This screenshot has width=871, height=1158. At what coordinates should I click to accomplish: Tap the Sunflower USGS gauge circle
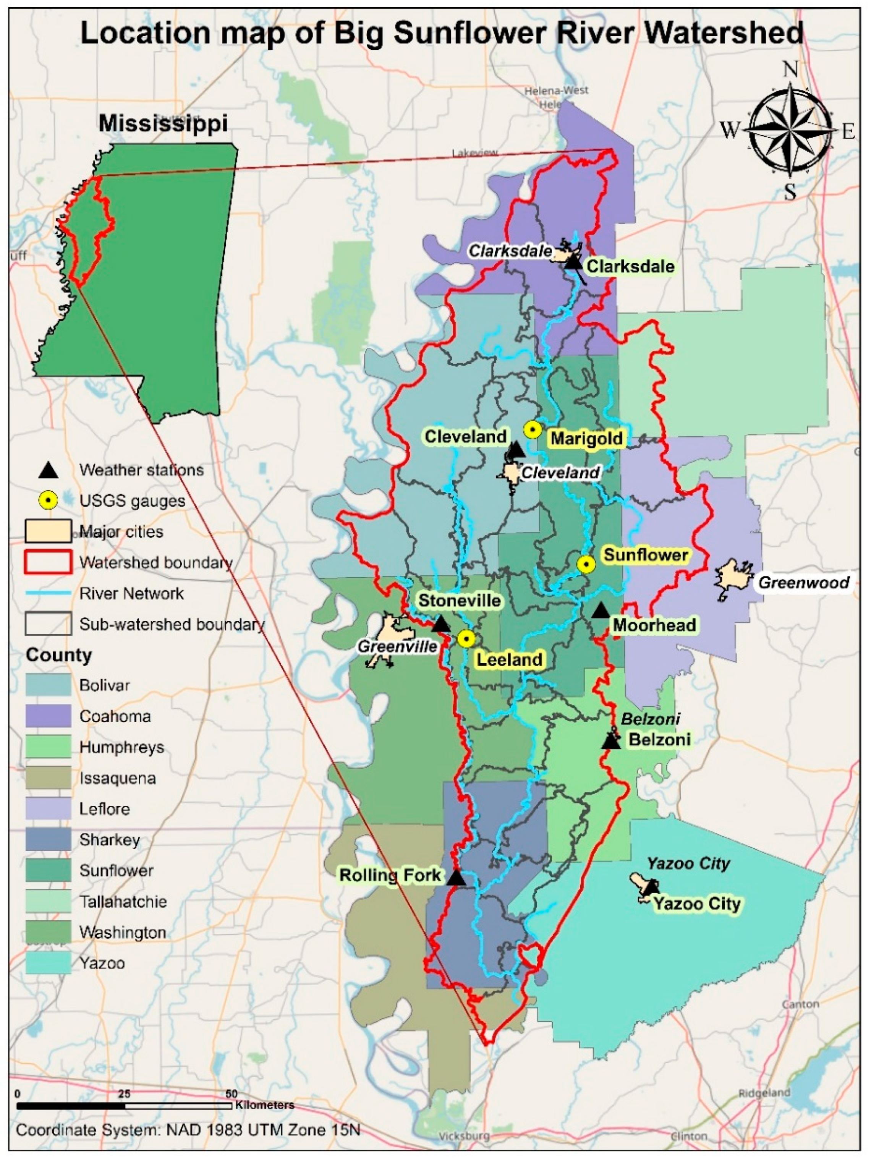tap(586, 564)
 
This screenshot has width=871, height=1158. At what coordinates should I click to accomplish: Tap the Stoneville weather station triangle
tap(441, 624)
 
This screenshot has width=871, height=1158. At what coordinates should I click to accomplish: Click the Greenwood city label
tap(803, 582)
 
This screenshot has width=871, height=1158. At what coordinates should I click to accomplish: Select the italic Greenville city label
tap(397, 646)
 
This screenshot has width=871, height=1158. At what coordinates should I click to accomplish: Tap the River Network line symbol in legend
tap(48, 593)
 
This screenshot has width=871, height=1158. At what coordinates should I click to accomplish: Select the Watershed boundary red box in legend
tap(48, 562)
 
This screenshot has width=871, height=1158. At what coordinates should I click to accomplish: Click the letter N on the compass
tap(790, 70)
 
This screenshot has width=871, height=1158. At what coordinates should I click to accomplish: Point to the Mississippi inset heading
tap(164, 123)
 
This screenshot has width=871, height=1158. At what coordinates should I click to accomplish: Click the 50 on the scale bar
tap(232, 1093)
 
